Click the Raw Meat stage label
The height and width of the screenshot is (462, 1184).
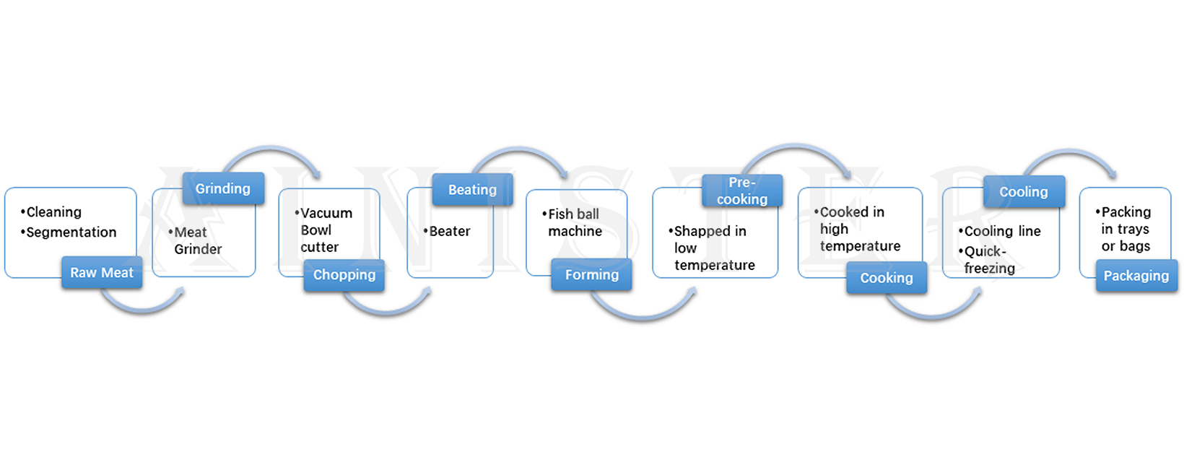tap(102, 273)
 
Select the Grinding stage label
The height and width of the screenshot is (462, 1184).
tap(222, 188)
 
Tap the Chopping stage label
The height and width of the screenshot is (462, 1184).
tap(344, 275)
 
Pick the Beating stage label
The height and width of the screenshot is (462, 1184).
tap(472, 190)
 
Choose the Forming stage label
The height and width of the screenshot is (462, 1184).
tap(591, 275)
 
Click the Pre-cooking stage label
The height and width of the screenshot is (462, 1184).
tap(742, 191)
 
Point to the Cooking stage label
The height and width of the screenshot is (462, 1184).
tap(886, 278)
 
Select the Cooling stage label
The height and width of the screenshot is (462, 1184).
tap(1023, 192)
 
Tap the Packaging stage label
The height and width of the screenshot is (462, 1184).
tap(1136, 276)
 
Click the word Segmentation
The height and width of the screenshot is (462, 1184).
tap(71, 232)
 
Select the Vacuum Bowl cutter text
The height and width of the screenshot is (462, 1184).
tap(324, 230)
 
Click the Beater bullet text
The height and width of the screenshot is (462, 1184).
tap(449, 232)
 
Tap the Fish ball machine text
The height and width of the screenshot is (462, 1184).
tap(574, 222)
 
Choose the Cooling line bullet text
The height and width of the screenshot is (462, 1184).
tap(1002, 232)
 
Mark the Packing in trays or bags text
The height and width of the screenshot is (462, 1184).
tap(1125, 229)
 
